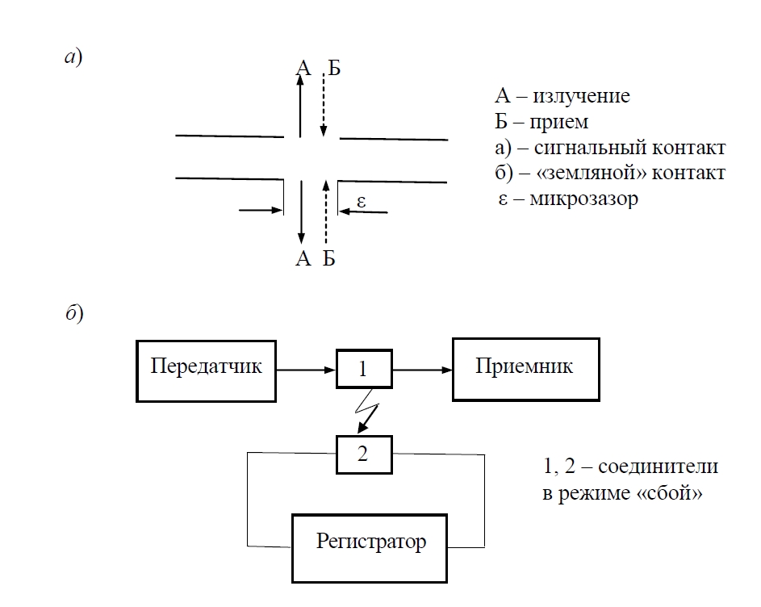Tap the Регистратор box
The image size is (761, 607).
(371, 542)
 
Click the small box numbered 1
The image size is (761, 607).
(362, 370)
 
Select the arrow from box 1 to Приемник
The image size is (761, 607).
(421, 370)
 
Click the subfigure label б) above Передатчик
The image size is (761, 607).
(73, 314)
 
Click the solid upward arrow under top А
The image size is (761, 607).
(300, 105)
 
